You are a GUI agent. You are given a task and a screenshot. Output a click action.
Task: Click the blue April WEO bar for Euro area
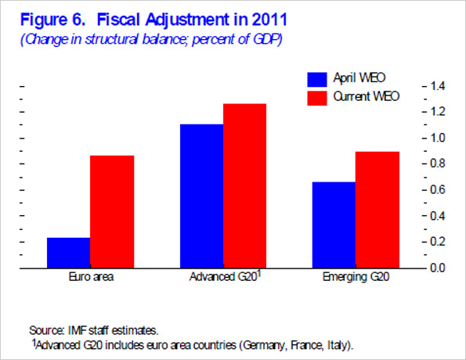[x=68, y=252]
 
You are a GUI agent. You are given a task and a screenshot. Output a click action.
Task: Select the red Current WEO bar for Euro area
[x=112, y=211]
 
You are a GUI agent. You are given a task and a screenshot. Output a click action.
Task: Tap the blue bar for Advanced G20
[x=201, y=196]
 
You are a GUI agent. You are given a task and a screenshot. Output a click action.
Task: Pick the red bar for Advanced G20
[x=245, y=185]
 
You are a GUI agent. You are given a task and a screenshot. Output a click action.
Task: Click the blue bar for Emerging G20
[x=334, y=225]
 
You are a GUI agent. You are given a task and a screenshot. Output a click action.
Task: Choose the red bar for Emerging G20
[x=377, y=210]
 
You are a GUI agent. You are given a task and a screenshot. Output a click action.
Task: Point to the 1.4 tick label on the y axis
[x=437, y=86]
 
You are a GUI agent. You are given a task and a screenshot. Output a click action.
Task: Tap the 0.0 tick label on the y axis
[x=437, y=268]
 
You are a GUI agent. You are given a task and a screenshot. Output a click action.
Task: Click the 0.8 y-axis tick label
[x=437, y=164]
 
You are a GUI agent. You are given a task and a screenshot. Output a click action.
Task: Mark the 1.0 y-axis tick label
[x=437, y=138]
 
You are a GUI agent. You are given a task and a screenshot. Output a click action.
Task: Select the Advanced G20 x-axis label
[x=222, y=279]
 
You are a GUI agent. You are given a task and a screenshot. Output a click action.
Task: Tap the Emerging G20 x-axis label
[x=356, y=279]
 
